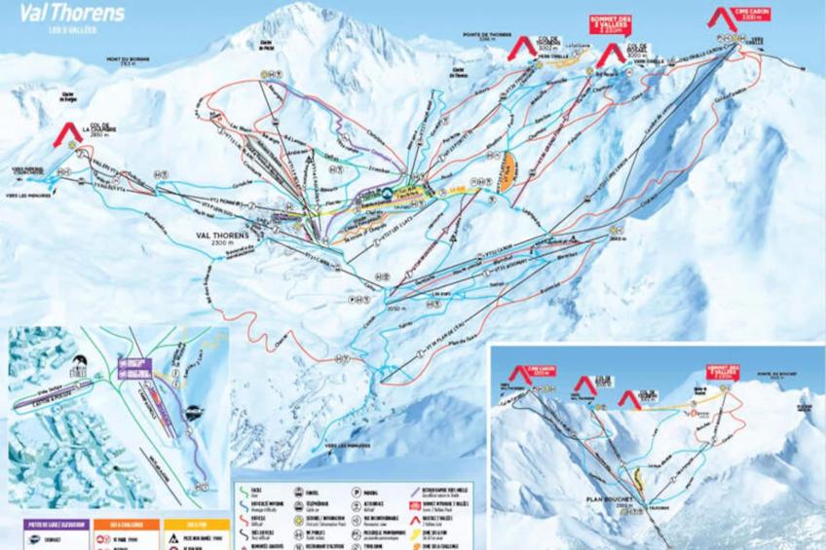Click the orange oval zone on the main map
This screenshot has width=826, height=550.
coord(507,172)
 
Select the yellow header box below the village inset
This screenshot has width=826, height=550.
coord(191,525)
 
